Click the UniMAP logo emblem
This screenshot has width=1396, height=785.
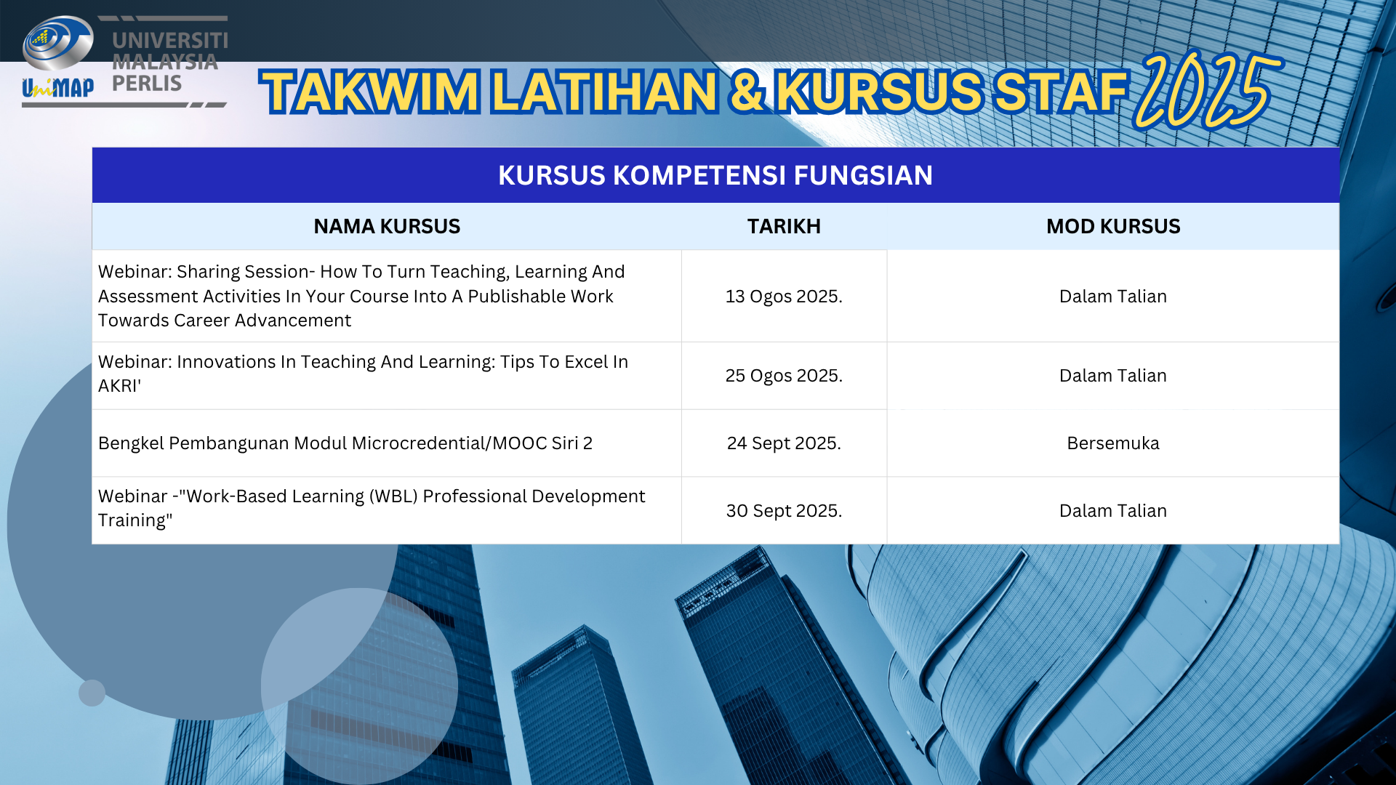pyautogui.click(x=57, y=58)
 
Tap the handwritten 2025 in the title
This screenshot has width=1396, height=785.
pyautogui.click(x=1207, y=90)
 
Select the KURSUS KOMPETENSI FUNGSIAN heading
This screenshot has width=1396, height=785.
pyautogui.click(x=715, y=175)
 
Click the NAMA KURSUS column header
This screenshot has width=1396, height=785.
pyautogui.click(x=387, y=226)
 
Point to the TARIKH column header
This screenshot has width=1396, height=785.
pyautogui.click(x=784, y=226)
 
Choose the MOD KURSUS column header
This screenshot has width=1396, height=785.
pyautogui.click(x=1113, y=226)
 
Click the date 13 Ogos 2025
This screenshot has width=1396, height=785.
pyautogui.click(x=784, y=297)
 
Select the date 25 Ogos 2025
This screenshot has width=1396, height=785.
pyautogui.click(x=784, y=376)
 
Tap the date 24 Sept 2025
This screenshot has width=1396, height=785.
pyautogui.click(x=784, y=443)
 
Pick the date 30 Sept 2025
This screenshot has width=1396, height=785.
pyautogui.click(x=784, y=511)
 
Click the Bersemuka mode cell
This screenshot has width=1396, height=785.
pyautogui.click(x=1113, y=443)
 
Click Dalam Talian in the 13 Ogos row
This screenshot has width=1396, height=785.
pyautogui.click(x=1113, y=297)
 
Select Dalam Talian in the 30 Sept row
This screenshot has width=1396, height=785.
pyautogui.click(x=1113, y=511)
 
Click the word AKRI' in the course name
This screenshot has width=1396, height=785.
pyautogui.click(x=120, y=386)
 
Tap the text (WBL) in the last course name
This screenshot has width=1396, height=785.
pyautogui.click(x=393, y=496)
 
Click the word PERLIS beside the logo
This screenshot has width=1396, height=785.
pyautogui.click(x=147, y=84)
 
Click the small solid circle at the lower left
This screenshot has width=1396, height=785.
pyautogui.click(x=92, y=693)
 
